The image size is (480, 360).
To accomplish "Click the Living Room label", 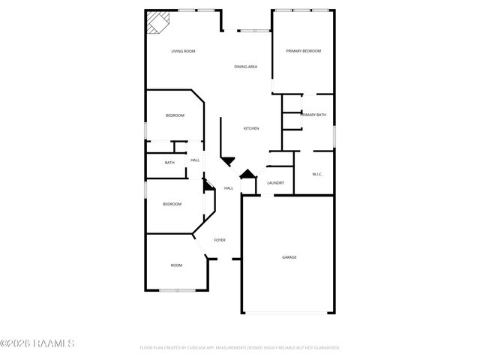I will coord(183,51).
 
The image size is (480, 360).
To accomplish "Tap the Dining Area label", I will coord(246,67).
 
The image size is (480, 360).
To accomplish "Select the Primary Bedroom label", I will coord(304,51).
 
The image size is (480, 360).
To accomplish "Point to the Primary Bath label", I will coord(313,115).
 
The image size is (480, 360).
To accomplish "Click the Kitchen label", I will coord(251,129).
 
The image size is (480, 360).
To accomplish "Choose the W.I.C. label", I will coord(317,175).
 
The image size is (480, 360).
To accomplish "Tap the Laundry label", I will coord(275,182).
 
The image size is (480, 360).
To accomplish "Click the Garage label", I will coord(289,257).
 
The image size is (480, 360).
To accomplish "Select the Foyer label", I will coord(220,240).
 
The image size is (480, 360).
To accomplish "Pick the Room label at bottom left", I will coord(176,265).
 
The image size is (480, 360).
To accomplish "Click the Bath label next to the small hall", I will coord(169,163).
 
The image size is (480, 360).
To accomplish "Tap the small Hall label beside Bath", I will coord(194,160).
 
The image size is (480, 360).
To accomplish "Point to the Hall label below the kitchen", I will coord(229,188).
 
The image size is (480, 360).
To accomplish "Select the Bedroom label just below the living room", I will coord(175,115).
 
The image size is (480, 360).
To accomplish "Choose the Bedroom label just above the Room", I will coord(172,204).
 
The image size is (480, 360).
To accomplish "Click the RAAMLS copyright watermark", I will coord(37,343).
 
